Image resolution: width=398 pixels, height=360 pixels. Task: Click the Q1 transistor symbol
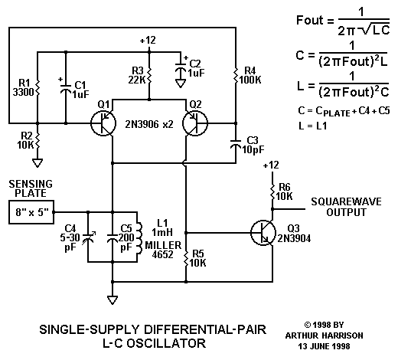coord(103,123)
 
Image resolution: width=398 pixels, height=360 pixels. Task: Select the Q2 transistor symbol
coord(195,123)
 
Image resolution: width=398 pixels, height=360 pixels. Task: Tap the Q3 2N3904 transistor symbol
coord(263,233)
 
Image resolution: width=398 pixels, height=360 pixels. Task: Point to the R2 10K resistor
coord(38,141)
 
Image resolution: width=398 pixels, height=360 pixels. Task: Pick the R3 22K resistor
coord(149,76)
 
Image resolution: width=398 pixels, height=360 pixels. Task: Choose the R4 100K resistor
coord(236,76)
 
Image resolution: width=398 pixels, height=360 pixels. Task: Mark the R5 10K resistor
coord(186,259)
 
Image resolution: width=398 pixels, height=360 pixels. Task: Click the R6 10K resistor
coord(272,192)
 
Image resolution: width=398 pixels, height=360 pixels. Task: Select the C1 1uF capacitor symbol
coord(66,88)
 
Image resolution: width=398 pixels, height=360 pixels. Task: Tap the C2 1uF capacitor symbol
coord(181,67)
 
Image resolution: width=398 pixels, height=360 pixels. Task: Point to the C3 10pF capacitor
coord(236,143)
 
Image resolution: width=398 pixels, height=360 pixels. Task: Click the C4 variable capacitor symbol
coord(88,238)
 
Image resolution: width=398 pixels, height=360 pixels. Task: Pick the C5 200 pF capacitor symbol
coord(113,237)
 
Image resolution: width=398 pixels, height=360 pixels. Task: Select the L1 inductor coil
coord(139,237)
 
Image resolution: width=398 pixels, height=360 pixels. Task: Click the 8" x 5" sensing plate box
coord(31,212)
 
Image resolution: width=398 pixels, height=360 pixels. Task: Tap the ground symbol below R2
coord(38,163)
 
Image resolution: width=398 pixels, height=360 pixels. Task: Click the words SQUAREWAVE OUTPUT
coord(346,207)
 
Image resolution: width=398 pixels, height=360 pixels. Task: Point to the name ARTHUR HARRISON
coord(324,335)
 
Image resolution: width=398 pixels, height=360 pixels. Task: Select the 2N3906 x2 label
coord(149,124)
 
